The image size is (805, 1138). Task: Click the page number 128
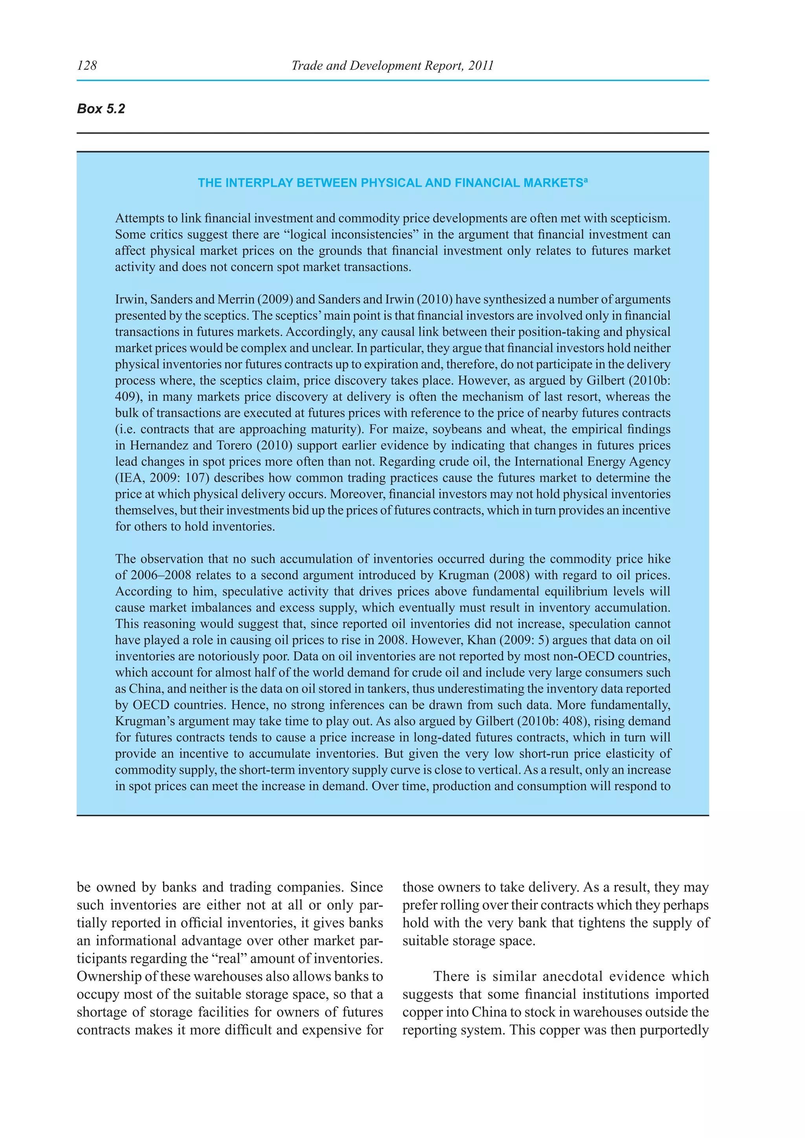tap(87, 65)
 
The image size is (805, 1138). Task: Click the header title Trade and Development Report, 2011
tap(392, 65)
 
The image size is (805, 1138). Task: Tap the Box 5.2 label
tap(101, 109)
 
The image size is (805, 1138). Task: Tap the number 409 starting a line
tap(126, 397)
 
